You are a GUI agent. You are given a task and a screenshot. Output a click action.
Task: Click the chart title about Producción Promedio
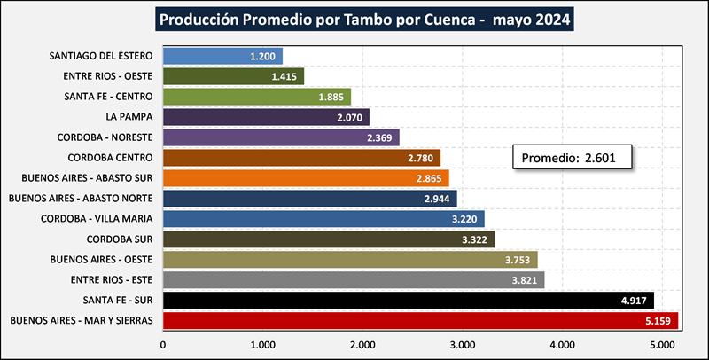[x=354, y=19]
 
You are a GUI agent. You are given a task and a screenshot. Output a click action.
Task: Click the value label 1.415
[x=284, y=76]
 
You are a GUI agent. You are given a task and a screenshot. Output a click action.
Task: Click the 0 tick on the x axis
[x=163, y=343]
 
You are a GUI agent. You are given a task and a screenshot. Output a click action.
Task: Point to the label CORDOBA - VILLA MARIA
[x=98, y=218]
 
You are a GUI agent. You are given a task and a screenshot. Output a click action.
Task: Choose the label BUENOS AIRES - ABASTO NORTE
[x=85, y=198]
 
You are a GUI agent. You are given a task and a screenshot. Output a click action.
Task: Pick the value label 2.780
[x=419, y=158]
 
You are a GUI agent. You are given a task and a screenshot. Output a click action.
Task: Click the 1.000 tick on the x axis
[x=262, y=343]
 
